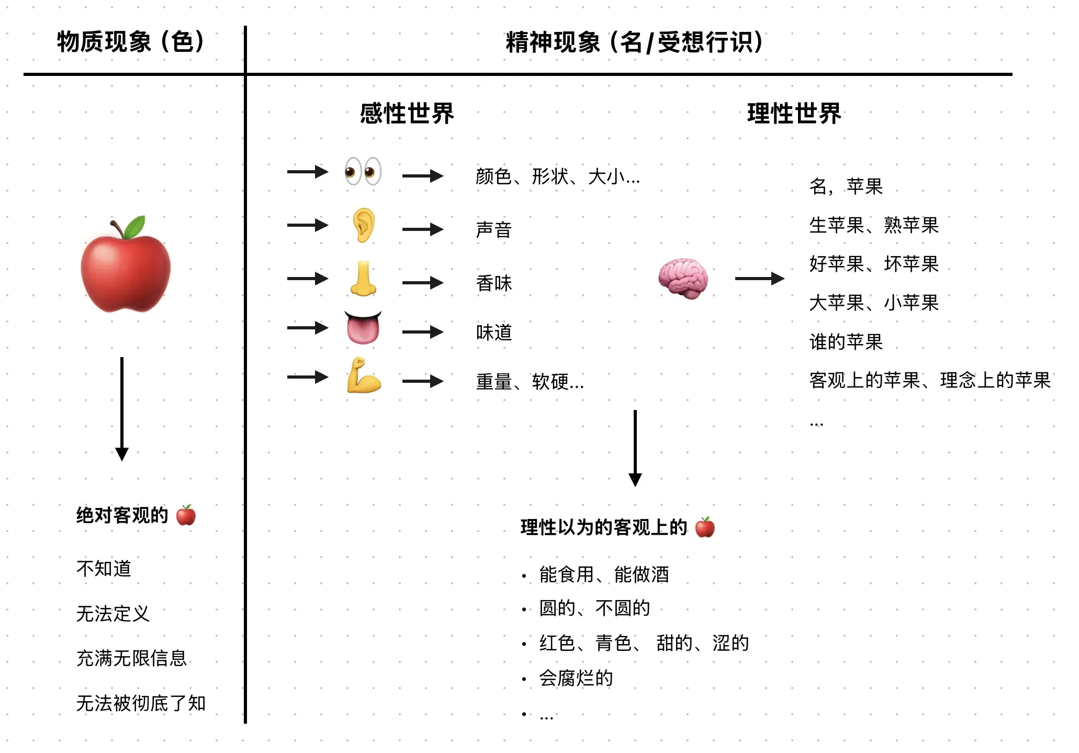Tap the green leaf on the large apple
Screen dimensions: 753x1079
click(134, 227)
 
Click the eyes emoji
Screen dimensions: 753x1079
click(363, 171)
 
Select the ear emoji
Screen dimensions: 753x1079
click(364, 225)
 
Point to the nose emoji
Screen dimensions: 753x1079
click(363, 278)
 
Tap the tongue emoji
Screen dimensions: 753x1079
click(363, 328)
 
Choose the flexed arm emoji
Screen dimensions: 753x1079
click(364, 375)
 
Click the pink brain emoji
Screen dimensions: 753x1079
click(683, 278)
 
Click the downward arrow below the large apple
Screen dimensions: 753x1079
click(122, 408)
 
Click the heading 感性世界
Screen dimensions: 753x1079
click(407, 113)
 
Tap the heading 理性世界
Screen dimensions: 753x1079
click(794, 113)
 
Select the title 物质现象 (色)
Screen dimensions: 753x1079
click(131, 42)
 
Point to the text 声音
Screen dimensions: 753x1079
click(493, 230)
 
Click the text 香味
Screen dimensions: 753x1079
click(493, 283)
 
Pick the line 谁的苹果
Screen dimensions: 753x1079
click(846, 342)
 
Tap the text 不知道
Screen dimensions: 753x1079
click(104, 568)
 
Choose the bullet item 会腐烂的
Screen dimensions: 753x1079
click(576, 678)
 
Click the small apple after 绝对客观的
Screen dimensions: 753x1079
click(186, 515)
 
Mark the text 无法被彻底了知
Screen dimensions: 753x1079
click(141, 703)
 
